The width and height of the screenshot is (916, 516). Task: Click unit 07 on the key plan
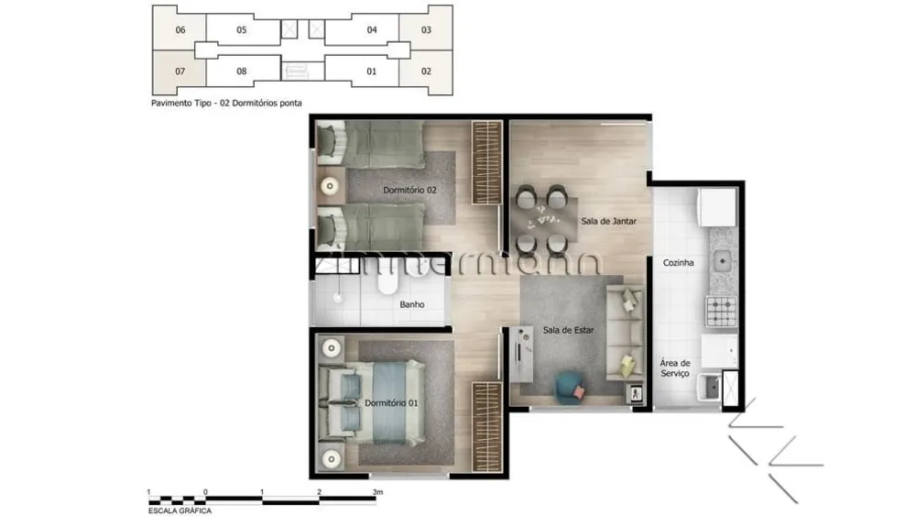pyautogui.click(x=180, y=71)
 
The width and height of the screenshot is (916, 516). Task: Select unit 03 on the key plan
pyautogui.click(x=426, y=30)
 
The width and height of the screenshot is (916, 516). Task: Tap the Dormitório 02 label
pyautogui.click(x=409, y=190)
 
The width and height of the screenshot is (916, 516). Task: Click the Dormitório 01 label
pyautogui.click(x=391, y=403)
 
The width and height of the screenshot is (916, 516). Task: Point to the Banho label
pyautogui.click(x=412, y=304)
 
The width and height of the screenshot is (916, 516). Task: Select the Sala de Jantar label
pyautogui.click(x=609, y=221)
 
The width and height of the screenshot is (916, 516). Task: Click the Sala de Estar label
pyautogui.click(x=568, y=330)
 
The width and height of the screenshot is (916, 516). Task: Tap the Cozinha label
pyautogui.click(x=678, y=263)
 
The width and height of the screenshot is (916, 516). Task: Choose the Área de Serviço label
pyautogui.click(x=675, y=368)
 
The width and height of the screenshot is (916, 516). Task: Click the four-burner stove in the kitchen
pyautogui.click(x=722, y=311)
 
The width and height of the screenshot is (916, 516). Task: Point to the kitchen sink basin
pyautogui.click(x=722, y=260)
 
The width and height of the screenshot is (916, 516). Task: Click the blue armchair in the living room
pyautogui.click(x=569, y=388)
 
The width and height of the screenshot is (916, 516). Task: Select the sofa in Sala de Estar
pyautogui.click(x=625, y=332)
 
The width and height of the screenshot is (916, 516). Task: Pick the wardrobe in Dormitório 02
pyautogui.click(x=487, y=162)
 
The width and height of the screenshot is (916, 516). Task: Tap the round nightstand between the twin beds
pyautogui.click(x=330, y=186)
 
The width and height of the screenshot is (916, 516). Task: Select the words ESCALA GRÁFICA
pyautogui.click(x=180, y=511)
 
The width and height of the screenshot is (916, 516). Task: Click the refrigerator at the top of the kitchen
pyautogui.click(x=717, y=207)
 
